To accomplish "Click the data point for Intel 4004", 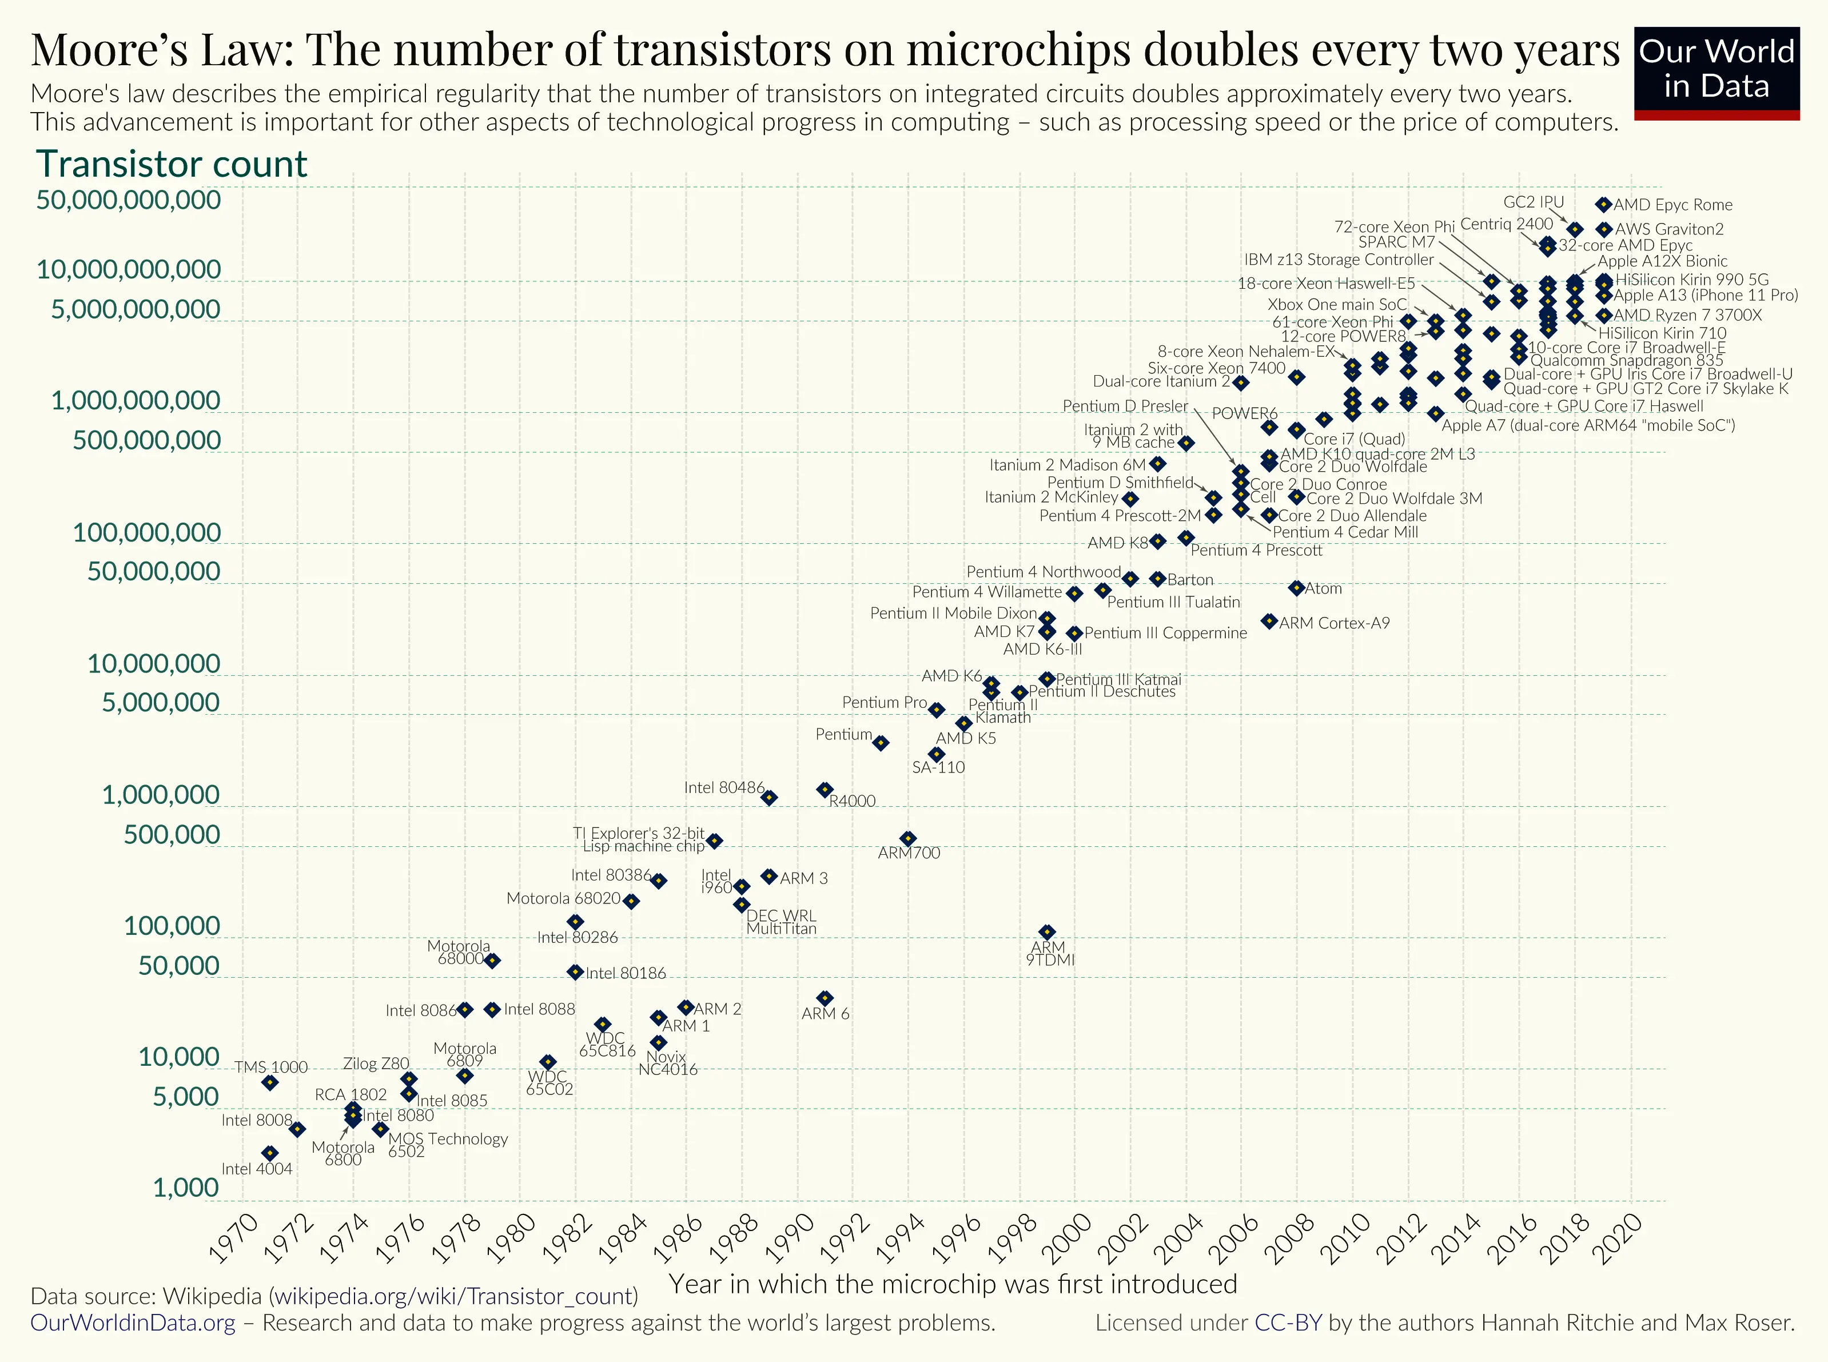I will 270,1153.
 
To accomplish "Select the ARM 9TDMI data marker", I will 1047,931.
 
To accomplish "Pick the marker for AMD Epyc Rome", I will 1603,205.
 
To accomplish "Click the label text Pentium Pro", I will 884,702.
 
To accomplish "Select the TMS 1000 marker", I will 270,1082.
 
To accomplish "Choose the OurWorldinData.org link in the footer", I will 133,1323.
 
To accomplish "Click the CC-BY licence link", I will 1288,1323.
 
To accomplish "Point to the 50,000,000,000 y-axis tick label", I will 129,200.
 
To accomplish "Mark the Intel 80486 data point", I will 768,797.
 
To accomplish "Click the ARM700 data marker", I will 908,838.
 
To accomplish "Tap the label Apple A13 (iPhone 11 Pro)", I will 1705,295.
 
